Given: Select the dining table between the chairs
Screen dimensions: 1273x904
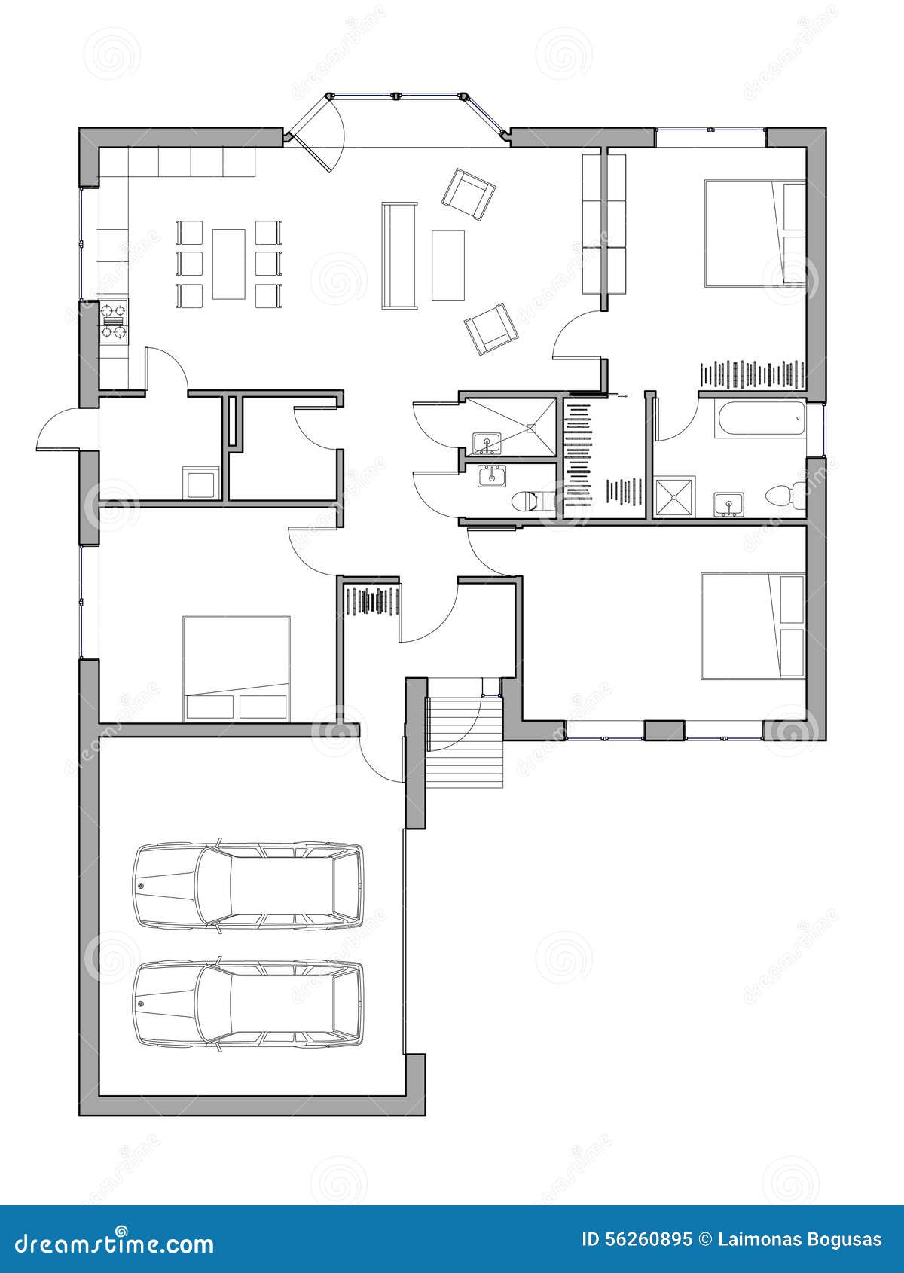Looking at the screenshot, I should pyautogui.click(x=229, y=264).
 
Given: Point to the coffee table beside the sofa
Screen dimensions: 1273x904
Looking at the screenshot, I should pyautogui.click(x=448, y=264).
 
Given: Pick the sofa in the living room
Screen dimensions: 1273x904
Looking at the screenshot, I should pyautogui.click(x=399, y=255).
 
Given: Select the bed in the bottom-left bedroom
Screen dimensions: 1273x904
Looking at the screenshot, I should pyautogui.click(x=236, y=668).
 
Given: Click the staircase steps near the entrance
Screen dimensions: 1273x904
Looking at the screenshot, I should pyautogui.click(x=464, y=742).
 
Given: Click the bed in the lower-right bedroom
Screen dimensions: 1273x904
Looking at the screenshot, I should pyautogui.click(x=753, y=626).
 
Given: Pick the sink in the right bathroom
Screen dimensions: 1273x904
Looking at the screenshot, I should pyautogui.click(x=728, y=504).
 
